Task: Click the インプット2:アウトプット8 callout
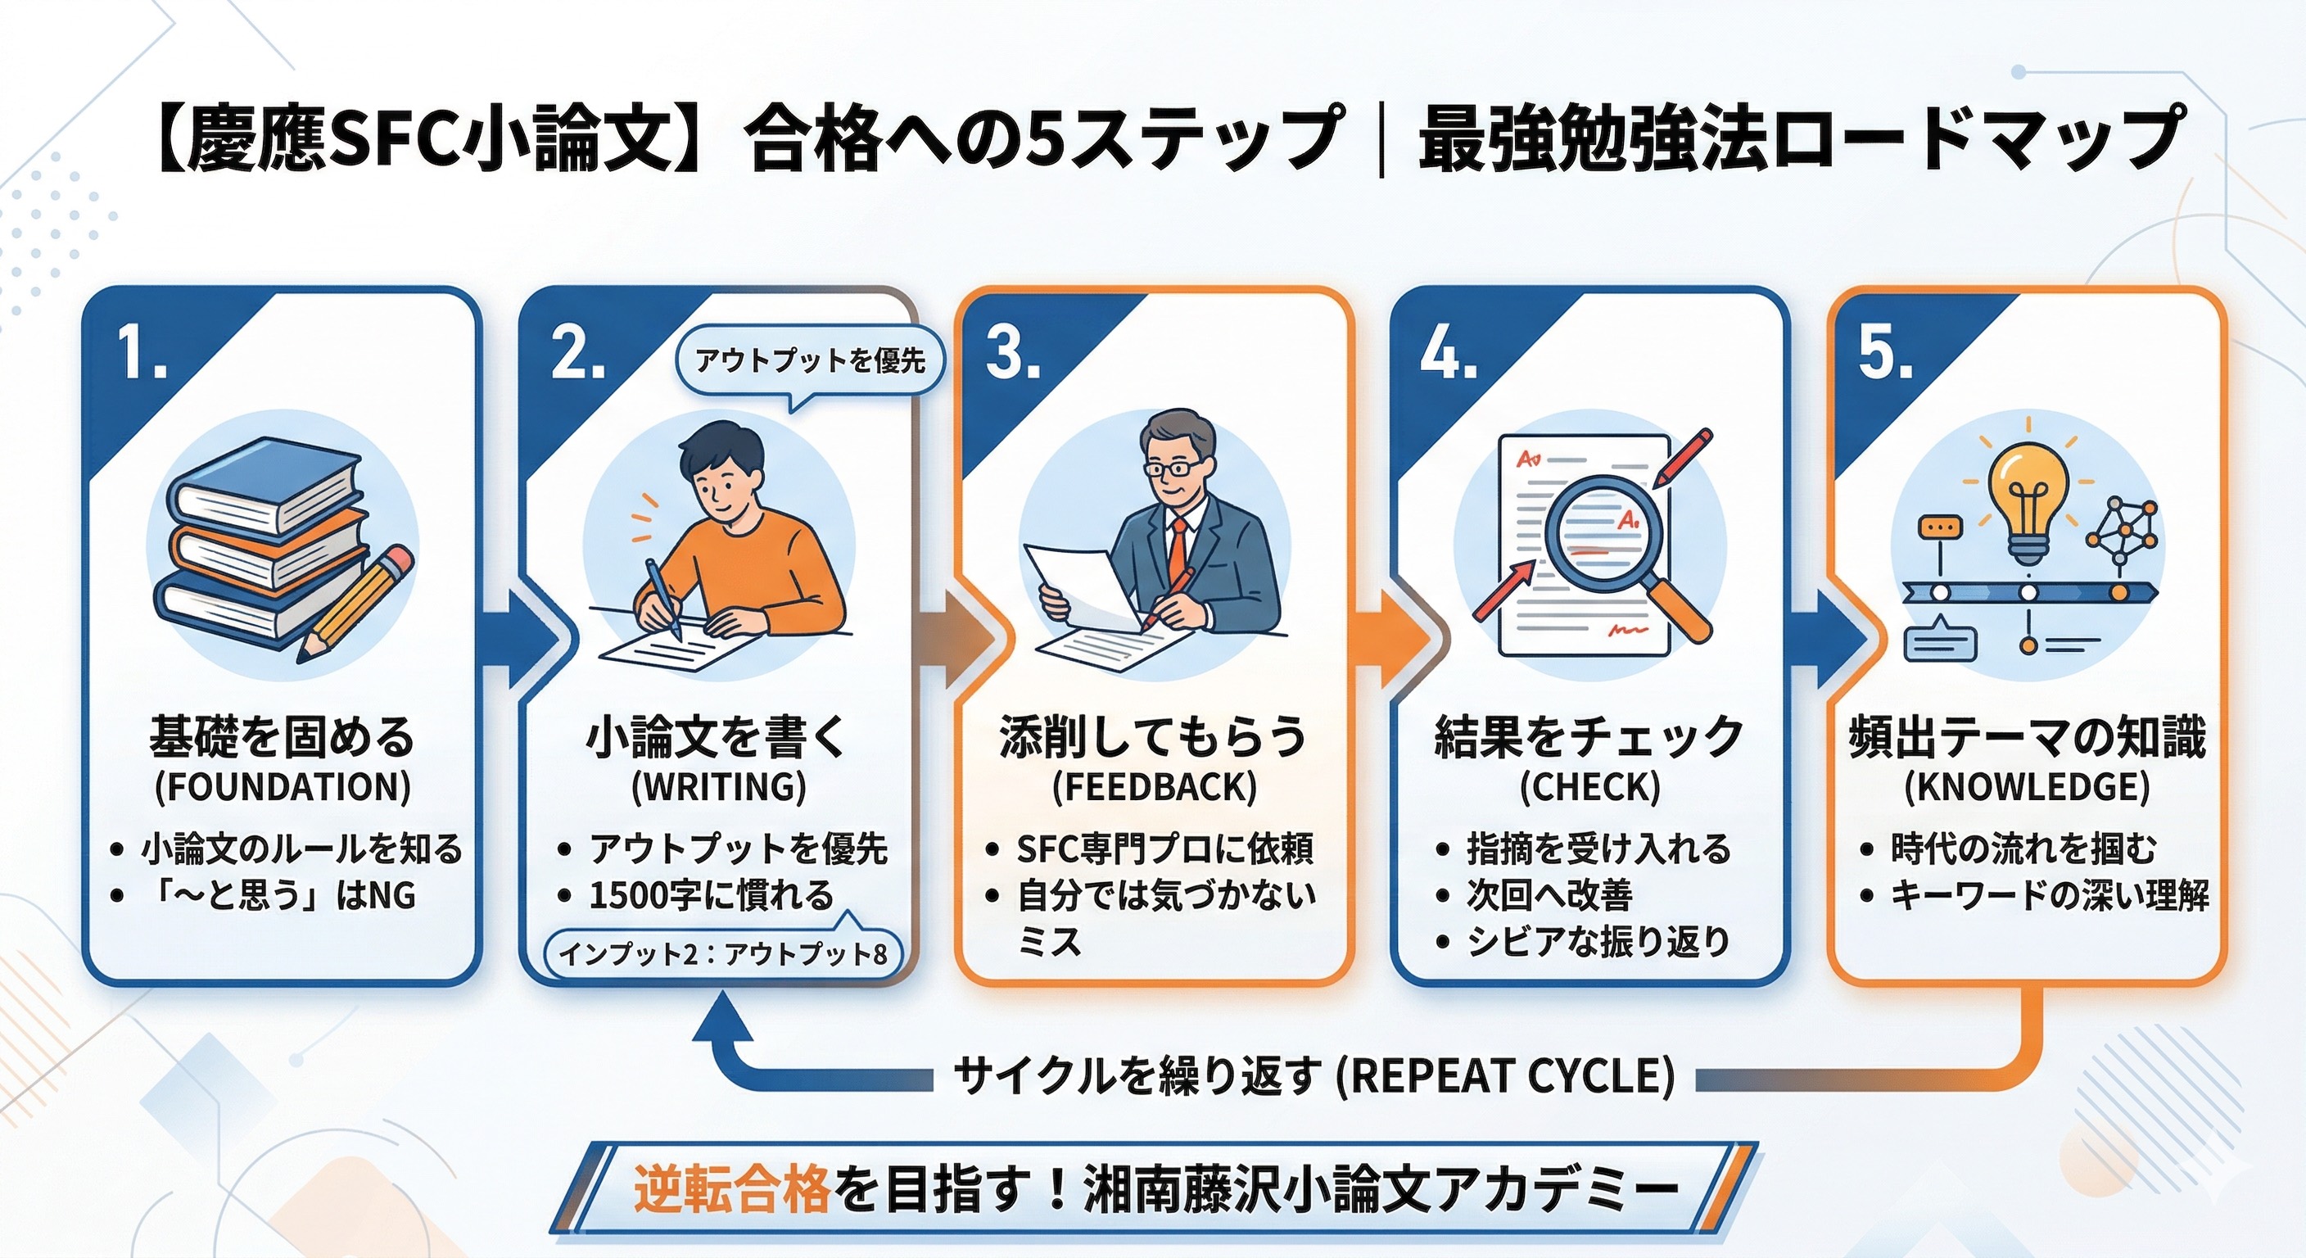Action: [x=722, y=954]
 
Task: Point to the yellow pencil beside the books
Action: [x=355, y=604]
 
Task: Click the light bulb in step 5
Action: [x=2028, y=501]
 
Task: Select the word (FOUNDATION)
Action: [x=283, y=787]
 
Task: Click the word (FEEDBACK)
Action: [x=1155, y=787]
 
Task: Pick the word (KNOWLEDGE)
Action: [x=2027, y=787]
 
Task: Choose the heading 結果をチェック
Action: [x=1589, y=737]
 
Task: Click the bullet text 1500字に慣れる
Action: [x=712, y=895]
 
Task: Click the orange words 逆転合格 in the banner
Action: [x=733, y=1190]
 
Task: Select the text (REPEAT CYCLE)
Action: [x=1505, y=1075]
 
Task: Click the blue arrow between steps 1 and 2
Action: [x=528, y=638]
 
